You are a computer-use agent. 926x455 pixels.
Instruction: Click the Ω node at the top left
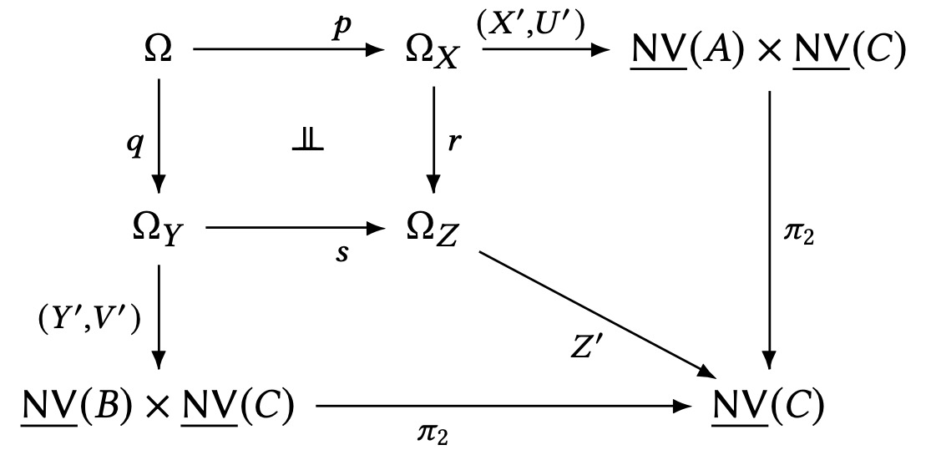pyautogui.click(x=158, y=51)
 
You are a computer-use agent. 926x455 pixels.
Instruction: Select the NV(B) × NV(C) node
pyautogui.click(x=158, y=406)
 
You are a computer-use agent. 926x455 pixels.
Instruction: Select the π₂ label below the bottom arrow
pyautogui.click(x=433, y=434)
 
